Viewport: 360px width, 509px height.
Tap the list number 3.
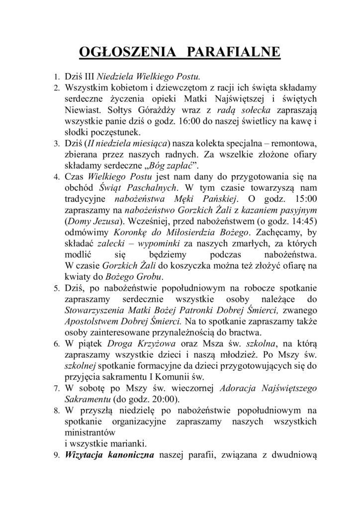[x=56, y=144]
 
